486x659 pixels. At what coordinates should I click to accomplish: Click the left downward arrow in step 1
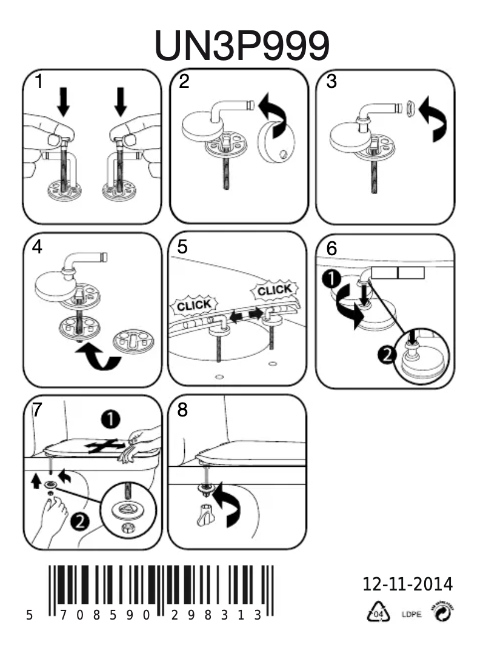(x=64, y=100)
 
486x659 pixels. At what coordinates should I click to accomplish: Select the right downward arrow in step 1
(x=120, y=100)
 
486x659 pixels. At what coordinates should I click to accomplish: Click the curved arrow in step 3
(x=435, y=118)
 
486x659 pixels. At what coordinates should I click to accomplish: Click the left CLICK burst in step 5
(x=194, y=304)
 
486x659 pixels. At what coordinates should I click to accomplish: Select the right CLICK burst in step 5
(x=274, y=290)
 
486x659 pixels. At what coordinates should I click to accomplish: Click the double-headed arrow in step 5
(x=247, y=314)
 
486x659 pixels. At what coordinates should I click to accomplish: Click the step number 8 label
(x=183, y=410)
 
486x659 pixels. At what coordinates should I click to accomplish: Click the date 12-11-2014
(x=407, y=584)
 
